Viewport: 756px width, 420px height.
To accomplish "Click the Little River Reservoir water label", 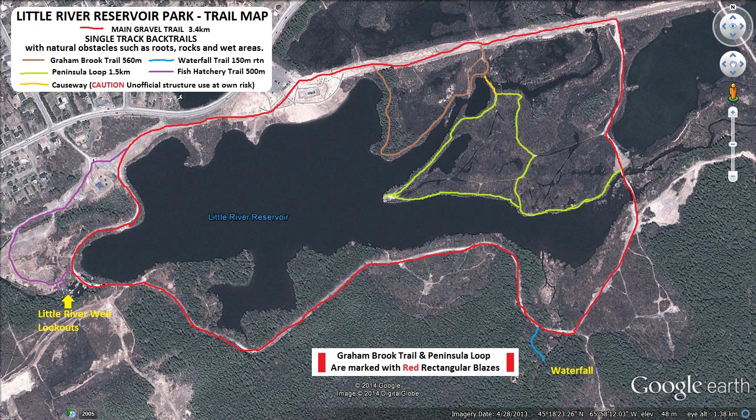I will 248,217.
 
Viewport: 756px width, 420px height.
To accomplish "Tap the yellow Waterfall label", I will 572,371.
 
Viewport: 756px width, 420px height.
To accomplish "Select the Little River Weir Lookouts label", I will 75,321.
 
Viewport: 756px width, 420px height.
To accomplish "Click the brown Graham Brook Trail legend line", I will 34,60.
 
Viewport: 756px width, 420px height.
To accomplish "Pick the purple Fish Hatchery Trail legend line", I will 162,72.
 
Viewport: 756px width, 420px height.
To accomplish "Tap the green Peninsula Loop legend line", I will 34,72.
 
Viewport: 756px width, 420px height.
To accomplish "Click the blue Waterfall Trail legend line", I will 162,60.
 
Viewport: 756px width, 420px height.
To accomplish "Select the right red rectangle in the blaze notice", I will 509,362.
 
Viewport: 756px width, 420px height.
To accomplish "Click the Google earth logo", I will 690,386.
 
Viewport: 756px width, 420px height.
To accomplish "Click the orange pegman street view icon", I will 733,92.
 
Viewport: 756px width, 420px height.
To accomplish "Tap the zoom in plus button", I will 733,112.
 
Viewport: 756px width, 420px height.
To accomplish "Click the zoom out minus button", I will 733,177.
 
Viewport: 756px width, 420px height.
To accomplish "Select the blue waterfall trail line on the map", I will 535,343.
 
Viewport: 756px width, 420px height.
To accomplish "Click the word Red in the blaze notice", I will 411,368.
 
